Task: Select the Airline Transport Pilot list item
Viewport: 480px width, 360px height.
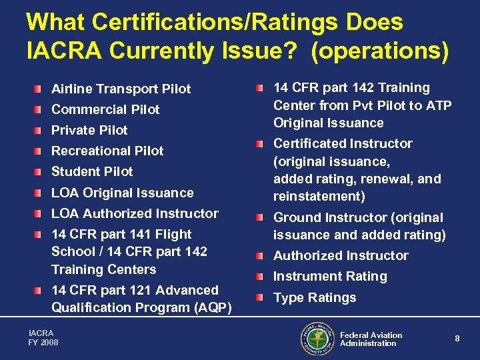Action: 121,89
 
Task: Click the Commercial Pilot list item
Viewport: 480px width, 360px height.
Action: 105,109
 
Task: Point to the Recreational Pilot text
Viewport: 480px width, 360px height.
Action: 107,151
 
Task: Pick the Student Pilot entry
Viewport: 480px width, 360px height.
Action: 92,171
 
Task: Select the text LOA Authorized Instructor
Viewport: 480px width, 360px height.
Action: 135,213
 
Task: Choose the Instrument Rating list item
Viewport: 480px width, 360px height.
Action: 330,276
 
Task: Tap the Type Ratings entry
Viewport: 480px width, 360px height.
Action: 315,297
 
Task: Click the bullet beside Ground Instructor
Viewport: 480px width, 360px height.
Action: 263,218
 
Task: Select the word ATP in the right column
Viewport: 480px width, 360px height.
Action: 438,105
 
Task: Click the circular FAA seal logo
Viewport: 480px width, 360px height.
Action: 317,339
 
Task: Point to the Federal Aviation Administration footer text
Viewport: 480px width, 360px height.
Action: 371,339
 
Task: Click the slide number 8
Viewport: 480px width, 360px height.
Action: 457,339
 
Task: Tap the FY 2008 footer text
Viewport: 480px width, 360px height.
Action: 43,342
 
